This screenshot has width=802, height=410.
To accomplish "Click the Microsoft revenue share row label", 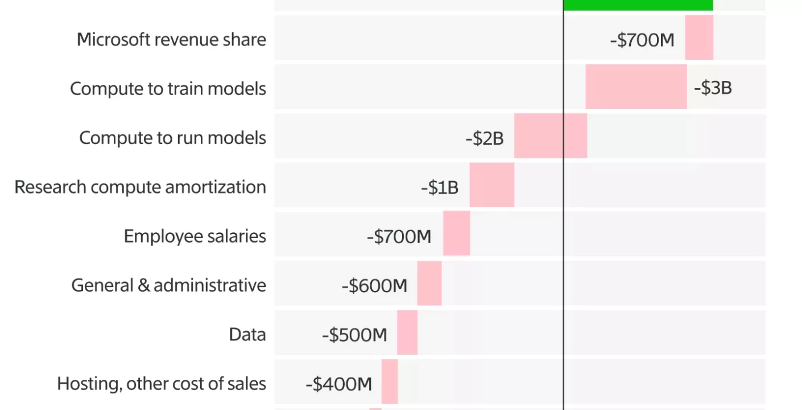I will [171, 39].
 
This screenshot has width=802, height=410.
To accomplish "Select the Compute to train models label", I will [168, 89].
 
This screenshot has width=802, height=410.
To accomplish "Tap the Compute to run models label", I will [172, 138].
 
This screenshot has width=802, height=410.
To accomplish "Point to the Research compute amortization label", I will [140, 187].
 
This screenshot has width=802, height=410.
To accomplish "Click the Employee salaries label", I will [195, 236].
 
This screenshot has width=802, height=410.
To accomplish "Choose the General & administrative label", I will [168, 285].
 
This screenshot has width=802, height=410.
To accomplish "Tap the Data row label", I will [247, 334].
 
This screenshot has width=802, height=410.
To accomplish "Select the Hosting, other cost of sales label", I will [162, 383].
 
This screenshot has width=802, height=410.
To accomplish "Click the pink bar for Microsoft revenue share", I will [698, 38].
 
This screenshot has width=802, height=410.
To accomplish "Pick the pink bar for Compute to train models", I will [636, 87].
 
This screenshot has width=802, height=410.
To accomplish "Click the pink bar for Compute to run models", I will [550, 136].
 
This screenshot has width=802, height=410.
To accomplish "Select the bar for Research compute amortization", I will [491, 184].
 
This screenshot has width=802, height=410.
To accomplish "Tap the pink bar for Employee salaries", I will [456, 233].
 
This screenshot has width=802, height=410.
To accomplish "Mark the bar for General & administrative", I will [429, 283].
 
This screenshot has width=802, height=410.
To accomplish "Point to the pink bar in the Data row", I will [407, 332].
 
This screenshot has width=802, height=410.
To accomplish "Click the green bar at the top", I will [638, 5].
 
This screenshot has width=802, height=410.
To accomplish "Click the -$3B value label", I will [712, 88].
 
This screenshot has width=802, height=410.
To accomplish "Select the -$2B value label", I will [484, 138].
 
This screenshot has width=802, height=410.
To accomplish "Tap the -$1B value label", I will [439, 187].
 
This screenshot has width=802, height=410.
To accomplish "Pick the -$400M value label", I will [338, 384].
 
